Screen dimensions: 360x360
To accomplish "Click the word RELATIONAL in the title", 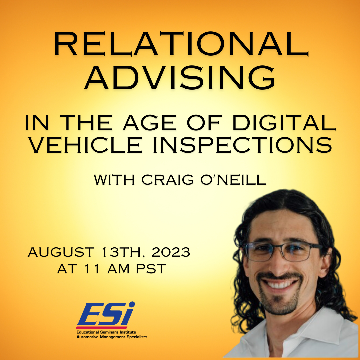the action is (181, 44).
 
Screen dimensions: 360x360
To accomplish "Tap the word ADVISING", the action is (180, 78).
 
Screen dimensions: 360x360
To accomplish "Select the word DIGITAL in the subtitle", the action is (284, 123).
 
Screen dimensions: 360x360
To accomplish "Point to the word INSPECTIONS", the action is (242, 145).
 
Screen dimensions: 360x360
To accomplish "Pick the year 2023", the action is (171, 252).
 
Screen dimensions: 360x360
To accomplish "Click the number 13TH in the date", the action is (123, 252).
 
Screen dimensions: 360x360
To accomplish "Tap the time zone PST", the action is (151, 269).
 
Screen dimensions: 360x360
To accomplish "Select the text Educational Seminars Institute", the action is (106, 332).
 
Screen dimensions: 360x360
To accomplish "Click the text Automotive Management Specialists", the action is (112, 337).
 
